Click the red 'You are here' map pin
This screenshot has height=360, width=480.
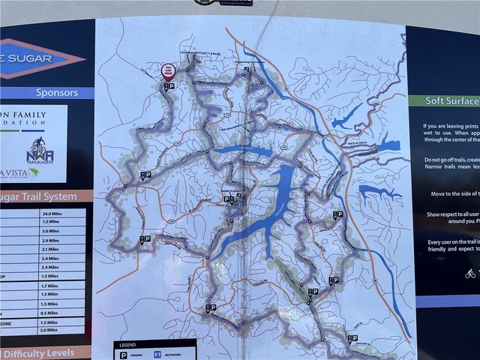coord(168,71)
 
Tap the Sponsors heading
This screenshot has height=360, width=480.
coord(56,93)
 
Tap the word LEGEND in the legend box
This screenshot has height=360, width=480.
coord(127,346)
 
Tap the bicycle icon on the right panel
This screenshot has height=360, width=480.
coord(470,273)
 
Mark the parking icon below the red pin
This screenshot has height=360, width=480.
coord(172,87)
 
